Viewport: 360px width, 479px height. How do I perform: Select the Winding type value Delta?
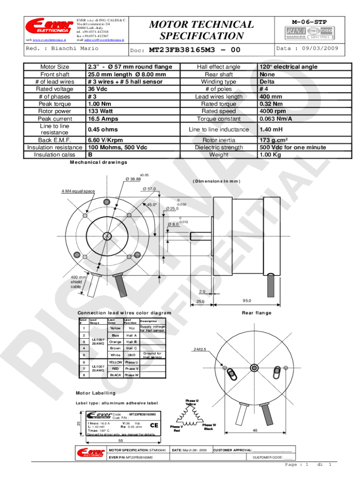269,81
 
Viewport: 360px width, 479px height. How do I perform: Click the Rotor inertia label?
219,140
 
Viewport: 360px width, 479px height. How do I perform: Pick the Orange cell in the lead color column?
115,341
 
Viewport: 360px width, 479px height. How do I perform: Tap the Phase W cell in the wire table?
131,375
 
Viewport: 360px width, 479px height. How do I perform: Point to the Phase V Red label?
176,428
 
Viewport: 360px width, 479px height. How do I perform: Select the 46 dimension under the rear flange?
255,430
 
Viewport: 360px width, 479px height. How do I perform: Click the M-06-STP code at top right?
309,22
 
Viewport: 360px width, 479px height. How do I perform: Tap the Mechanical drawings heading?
98,162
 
